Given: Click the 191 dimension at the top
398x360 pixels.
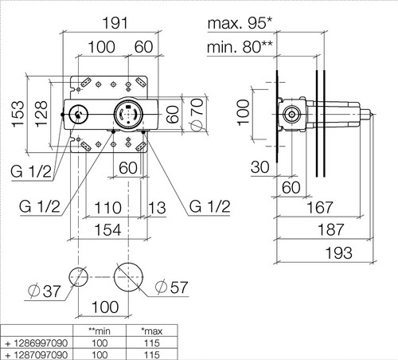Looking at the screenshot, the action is click(x=115, y=23).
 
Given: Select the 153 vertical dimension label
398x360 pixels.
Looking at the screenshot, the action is click(x=18, y=114).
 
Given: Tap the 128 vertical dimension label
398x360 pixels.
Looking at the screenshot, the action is click(x=41, y=114).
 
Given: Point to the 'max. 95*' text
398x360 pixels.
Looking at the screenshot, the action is click(x=240, y=23).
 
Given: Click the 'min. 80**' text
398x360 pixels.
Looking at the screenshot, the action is click(x=240, y=47).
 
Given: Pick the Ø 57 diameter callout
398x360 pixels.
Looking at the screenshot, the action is click(x=172, y=287).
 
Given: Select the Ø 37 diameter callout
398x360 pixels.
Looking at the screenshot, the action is click(x=45, y=291).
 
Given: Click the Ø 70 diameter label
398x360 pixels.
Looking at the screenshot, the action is click(x=197, y=115).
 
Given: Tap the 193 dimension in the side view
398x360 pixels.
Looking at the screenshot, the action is click(x=339, y=252).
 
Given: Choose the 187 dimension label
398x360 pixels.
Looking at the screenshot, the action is click(x=331, y=230).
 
